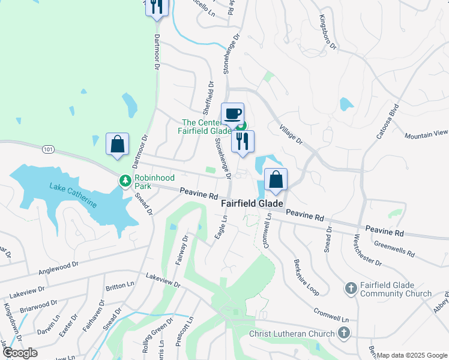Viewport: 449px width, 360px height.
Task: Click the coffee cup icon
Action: coord(232,113)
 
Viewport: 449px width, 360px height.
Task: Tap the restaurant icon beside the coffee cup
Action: coord(243,141)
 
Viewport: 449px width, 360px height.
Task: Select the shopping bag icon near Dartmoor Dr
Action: coord(117,144)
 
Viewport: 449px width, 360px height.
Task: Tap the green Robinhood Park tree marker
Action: coord(125,180)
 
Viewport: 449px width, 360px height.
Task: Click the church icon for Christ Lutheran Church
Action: coord(344,333)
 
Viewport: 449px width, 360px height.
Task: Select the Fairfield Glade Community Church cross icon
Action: coord(351,289)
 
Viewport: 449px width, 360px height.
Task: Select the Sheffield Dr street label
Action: coord(208,98)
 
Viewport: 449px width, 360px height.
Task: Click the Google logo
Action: coord(20,353)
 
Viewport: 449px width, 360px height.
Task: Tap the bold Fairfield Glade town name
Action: coord(252,204)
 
